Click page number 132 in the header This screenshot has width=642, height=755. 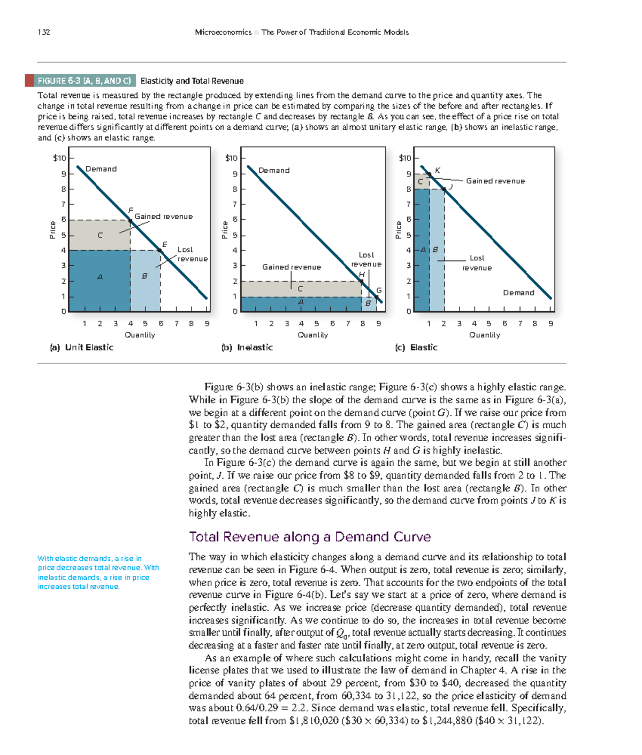(x=44, y=32)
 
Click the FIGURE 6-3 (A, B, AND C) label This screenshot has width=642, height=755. (x=84, y=81)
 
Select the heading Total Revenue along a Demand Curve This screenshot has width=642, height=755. (x=310, y=537)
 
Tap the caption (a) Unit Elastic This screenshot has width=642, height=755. (x=81, y=348)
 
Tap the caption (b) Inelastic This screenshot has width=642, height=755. (x=247, y=348)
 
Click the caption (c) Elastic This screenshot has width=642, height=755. (x=416, y=348)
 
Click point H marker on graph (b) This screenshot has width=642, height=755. (x=362, y=281)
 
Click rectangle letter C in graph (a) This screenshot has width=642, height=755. (x=100, y=235)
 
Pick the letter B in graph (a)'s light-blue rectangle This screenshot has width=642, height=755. (x=144, y=276)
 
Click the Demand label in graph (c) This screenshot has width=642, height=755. (x=518, y=293)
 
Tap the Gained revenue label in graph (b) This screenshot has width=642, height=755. (x=292, y=267)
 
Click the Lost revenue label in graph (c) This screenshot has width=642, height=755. (x=477, y=263)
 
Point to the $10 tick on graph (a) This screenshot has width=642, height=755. (x=59, y=158)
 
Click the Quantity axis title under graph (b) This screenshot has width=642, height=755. (x=313, y=335)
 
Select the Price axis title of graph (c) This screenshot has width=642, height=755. (x=399, y=230)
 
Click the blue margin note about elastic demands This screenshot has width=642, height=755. (x=98, y=572)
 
